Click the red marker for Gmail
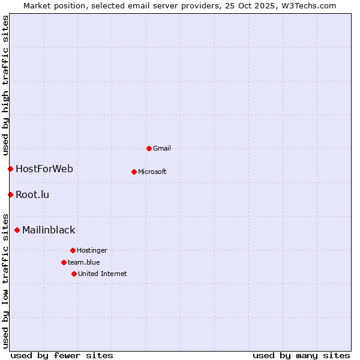pos(149,148)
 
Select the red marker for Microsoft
pos(134,172)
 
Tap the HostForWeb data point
pos(10,169)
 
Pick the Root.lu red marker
pos(10,194)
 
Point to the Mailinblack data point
pos(17,230)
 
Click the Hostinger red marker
pos(73,250)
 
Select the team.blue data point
pos(64,262)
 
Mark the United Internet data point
pos(74,274)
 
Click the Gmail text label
pos(162,148)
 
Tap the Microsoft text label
pos(152,172)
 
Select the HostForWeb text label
pos(44,169)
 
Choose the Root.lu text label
pos(32,194)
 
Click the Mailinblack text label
pos(49,230)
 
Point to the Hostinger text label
pos(92,250)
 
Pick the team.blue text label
pos(84,262)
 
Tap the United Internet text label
pos(103,274)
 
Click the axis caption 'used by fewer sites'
pos(62,355)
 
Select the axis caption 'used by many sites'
pos(301,355)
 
